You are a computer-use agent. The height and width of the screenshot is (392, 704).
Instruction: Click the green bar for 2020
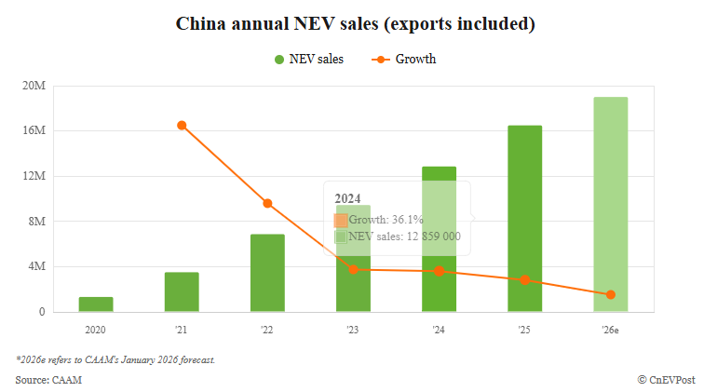[x=96, y=304]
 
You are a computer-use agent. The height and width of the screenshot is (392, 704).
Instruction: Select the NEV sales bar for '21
[x=182, y=292]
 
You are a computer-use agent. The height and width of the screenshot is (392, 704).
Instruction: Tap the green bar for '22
[x=267, y=273]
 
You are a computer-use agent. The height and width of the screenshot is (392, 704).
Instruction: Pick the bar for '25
[x=524, y=219]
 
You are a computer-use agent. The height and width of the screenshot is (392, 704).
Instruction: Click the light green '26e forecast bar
[x=610, y=205]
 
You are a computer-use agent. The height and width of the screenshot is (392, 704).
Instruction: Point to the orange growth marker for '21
[x=182, y=125]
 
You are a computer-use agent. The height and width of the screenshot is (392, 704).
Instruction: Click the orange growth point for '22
[x=267, y=203]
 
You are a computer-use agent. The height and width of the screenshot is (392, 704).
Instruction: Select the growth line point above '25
[x=524, y=279]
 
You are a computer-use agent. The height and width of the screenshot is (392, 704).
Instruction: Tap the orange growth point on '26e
[x=610, y=294]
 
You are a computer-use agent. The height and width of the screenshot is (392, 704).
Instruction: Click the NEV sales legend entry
[x=309, y=60]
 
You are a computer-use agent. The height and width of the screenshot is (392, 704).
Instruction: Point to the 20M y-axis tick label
[x=34, y=86]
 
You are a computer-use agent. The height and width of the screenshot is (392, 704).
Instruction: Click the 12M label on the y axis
[x=34, y=176]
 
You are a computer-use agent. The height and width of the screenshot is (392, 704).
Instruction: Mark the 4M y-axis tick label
[x=35, y=266]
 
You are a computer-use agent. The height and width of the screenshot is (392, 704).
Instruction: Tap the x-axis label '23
[x=353, y=330]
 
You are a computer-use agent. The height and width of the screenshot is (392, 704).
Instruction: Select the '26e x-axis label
[x=610, y=330]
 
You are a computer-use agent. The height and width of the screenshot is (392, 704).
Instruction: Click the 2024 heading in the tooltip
[x=347, y=198]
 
